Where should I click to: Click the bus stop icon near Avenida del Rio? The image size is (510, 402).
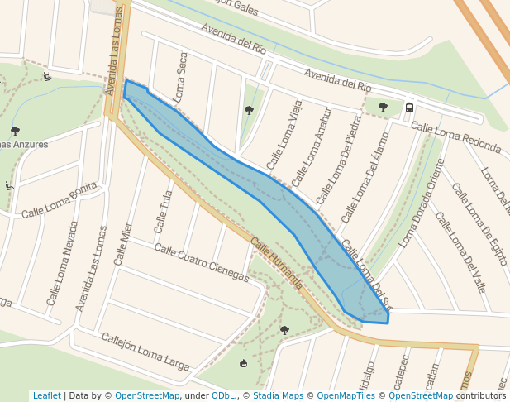(409, 108)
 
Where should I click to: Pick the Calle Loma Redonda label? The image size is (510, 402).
(455, 137)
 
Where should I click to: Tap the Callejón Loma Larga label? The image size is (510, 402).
(145, 351)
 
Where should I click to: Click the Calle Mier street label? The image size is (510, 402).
(123, 243)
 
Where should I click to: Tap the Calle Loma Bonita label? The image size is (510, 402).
(60, 201)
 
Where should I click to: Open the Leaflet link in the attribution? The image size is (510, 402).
(46, 395)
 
